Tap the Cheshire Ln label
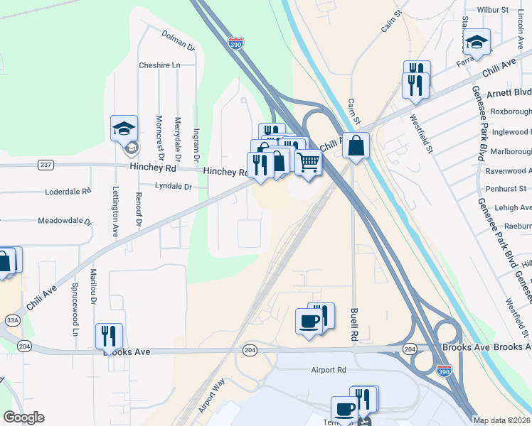pyautogui.click(x=159, y=65)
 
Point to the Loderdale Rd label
pyautogui.click(x=68, y=192)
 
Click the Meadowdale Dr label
pyautogui.click(x=65, y=221)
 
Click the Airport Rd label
pyautogui.click(x=328, y=370)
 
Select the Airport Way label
pyautogui.click(x=211, y=396)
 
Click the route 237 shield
pyautogui.click(x=46, y=165)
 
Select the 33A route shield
pyautogui.click(x=12, y=320)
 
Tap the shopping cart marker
pyautogui.click(x=308, y=162)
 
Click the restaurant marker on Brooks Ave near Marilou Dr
pyautogui.click(x=109, y=335)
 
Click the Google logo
pyautogui.click(x=23, y=417)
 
